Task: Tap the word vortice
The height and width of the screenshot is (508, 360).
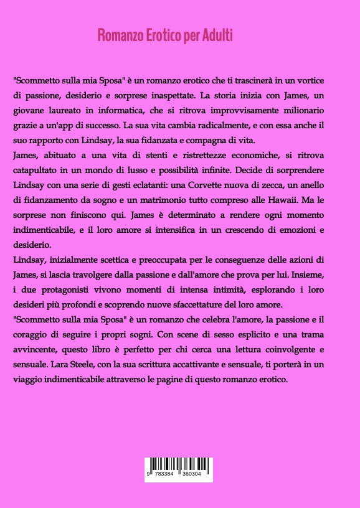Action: point(326,81)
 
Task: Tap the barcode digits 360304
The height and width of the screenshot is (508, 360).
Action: point(194,474)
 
